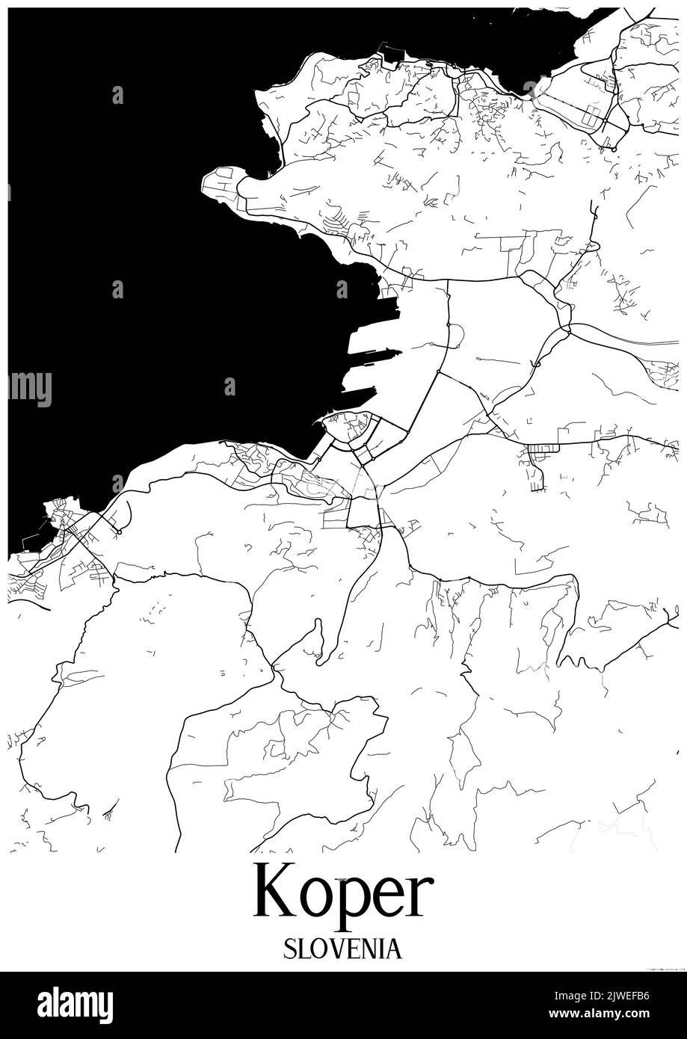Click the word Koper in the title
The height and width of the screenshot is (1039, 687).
(x=343, y=892)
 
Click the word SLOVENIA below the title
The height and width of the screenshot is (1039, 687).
(x=342, y=949)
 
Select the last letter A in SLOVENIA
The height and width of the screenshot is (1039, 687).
(x=394, y=949)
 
